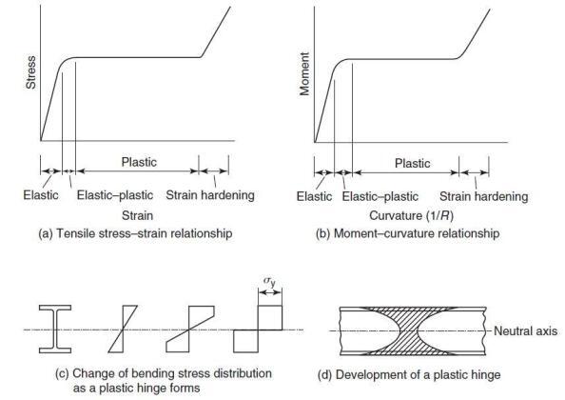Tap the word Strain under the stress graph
(139, 216)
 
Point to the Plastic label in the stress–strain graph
(139, 162)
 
